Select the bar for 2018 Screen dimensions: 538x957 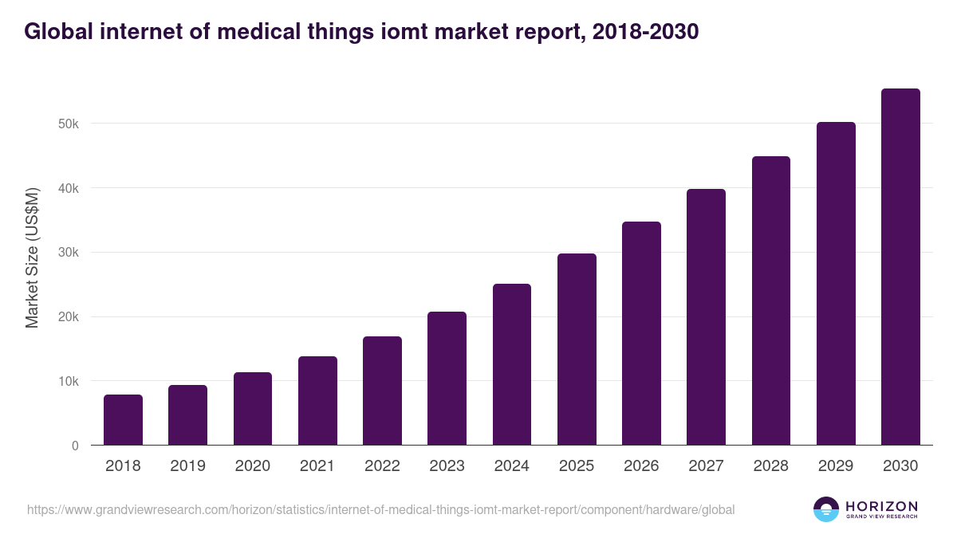(x=123, y=420)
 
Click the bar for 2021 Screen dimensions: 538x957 (x=317, y=401)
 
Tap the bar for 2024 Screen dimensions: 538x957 (x=512, y=364)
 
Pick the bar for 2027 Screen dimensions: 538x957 (x=707, y=317)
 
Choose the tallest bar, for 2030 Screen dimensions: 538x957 (x=900, y=267)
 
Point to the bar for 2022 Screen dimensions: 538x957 (x=382, y=391)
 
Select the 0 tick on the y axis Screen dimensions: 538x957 (x=75, y=446)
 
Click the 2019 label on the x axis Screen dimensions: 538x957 (x=187, y=466)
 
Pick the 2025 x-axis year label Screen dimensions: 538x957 (x=577, y=466)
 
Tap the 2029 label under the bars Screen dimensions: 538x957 (x=836, y=466)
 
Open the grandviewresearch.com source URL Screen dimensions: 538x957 (x=380, y=509)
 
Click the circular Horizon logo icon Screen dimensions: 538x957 (x=826, y=509)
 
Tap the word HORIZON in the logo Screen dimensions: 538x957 (x=881, y=505)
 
